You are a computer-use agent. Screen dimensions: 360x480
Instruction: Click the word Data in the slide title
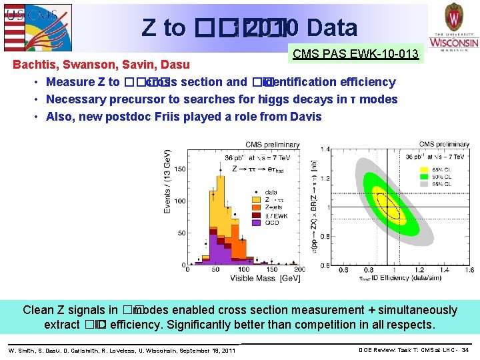331,27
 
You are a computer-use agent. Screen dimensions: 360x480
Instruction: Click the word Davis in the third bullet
306,117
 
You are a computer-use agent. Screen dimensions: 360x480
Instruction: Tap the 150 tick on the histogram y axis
179,169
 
